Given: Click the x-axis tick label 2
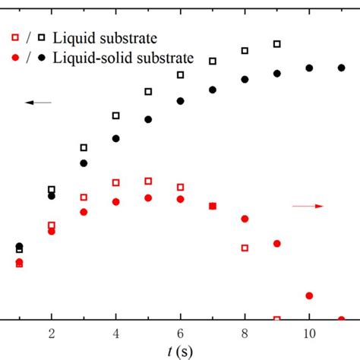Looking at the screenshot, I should [52, 333].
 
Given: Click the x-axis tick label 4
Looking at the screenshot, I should [116, 333].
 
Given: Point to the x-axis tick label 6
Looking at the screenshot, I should [181, 333].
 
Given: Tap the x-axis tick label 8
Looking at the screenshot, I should [245, 333].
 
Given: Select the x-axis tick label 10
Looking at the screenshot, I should [309, 333].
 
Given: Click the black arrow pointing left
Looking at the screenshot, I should [38, 103].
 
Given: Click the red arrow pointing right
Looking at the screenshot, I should [308, 206].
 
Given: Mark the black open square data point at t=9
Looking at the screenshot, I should [277, 44].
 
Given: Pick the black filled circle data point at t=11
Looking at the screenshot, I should [342, 68].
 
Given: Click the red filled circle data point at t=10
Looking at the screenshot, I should [310, 295].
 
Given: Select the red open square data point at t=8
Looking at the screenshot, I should [245, 248].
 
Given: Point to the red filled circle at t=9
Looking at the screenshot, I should [277, 244].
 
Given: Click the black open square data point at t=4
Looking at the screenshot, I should [116, 115].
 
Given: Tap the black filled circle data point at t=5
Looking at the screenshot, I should [148, 119].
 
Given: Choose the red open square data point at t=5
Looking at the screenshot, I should [148, 181].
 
